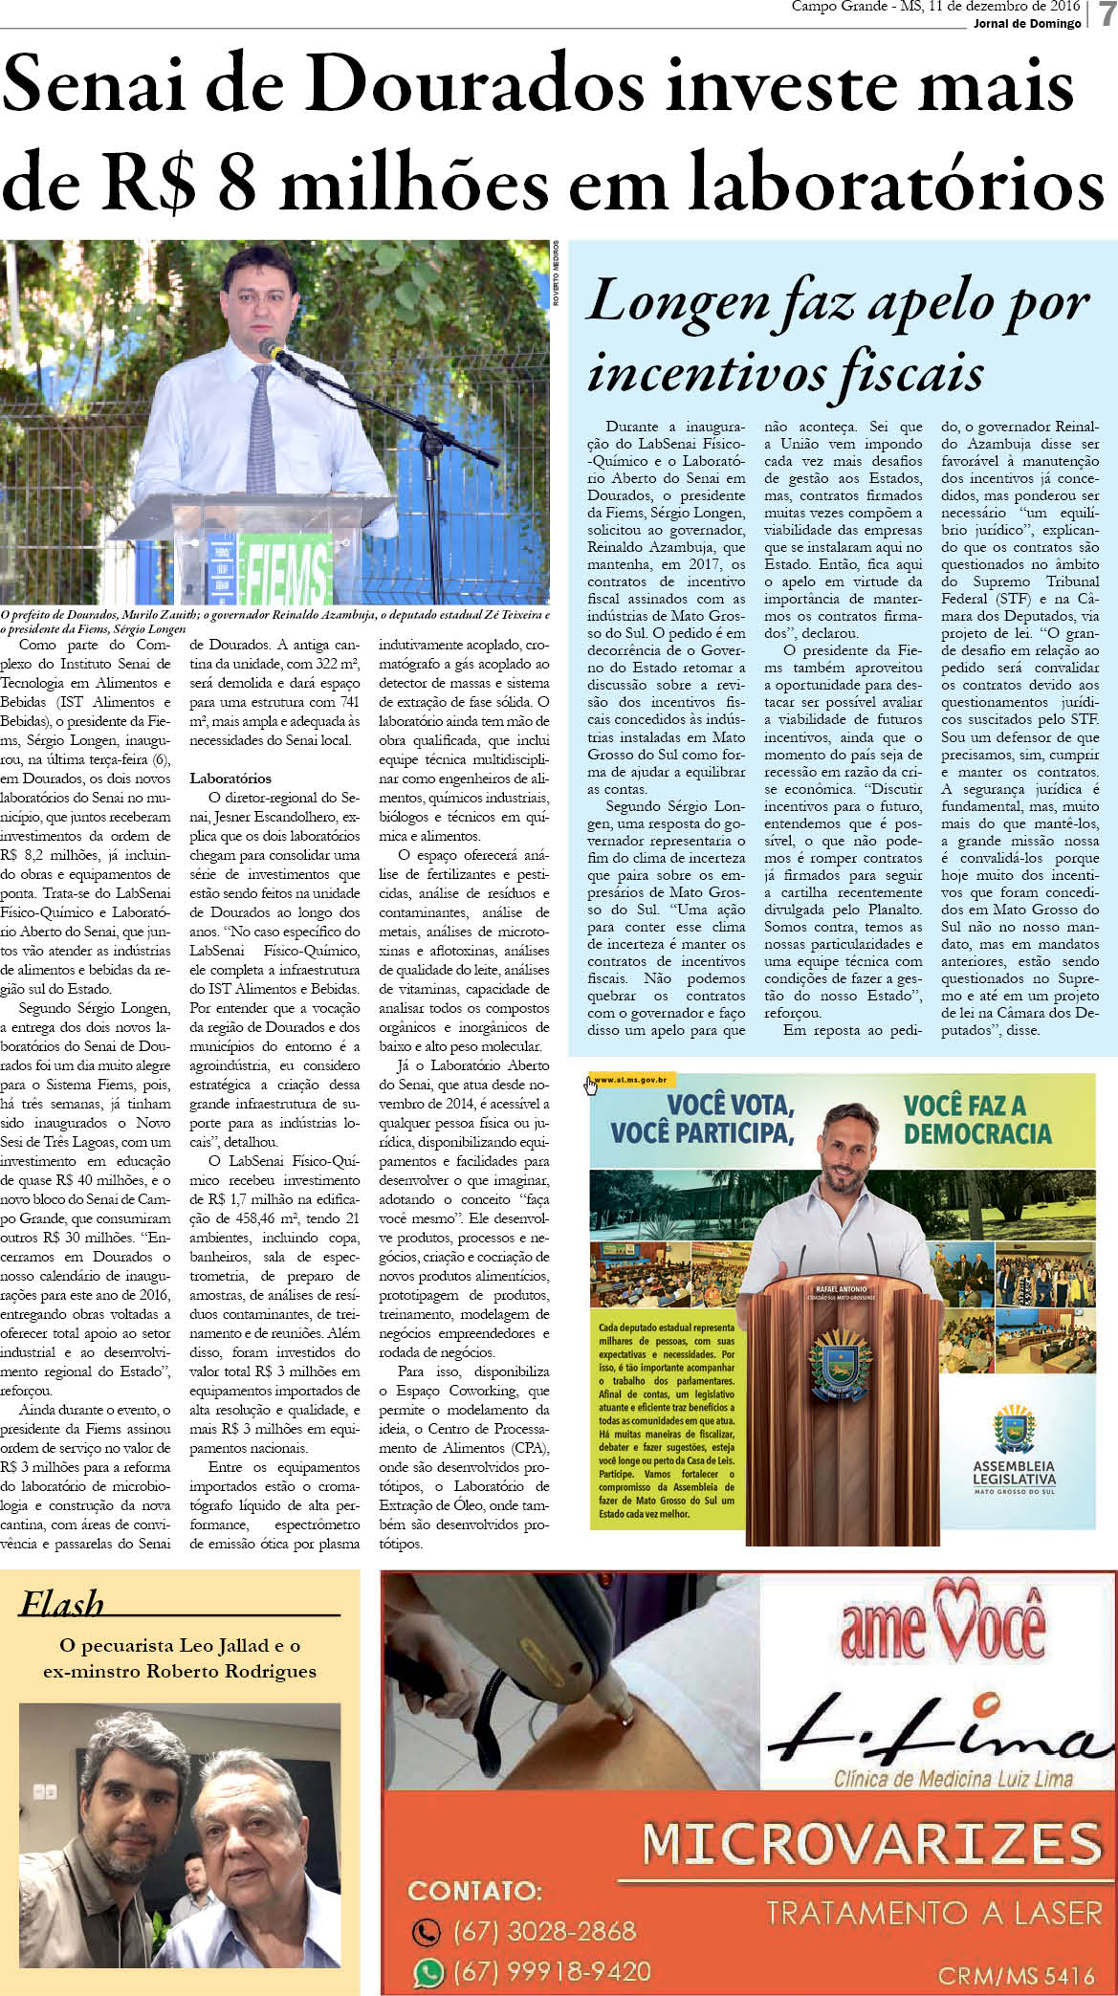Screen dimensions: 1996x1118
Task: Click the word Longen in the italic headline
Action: (677, 302)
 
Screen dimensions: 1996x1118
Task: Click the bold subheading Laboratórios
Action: (230, 779)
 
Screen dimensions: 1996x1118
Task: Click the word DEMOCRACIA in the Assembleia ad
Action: (976, 1134)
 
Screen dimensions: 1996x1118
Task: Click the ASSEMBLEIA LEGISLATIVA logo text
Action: (1014, 1473)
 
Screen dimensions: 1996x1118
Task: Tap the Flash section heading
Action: (61, 1604)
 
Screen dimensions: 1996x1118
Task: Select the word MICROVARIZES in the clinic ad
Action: (869, 1843)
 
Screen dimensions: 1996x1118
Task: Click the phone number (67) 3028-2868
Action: (544, 1930)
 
